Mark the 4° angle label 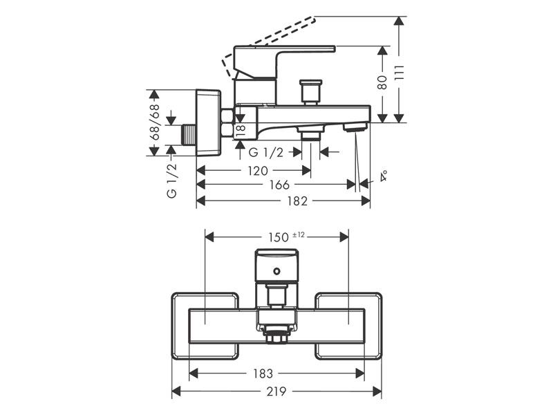pos(383,177)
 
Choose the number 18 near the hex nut pos(241,129)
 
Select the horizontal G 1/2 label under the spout pos(266,153)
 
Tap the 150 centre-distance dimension pos(278,237)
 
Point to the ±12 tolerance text pos(298,235)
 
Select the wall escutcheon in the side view pos(207,122)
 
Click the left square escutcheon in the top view pos(205,326)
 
